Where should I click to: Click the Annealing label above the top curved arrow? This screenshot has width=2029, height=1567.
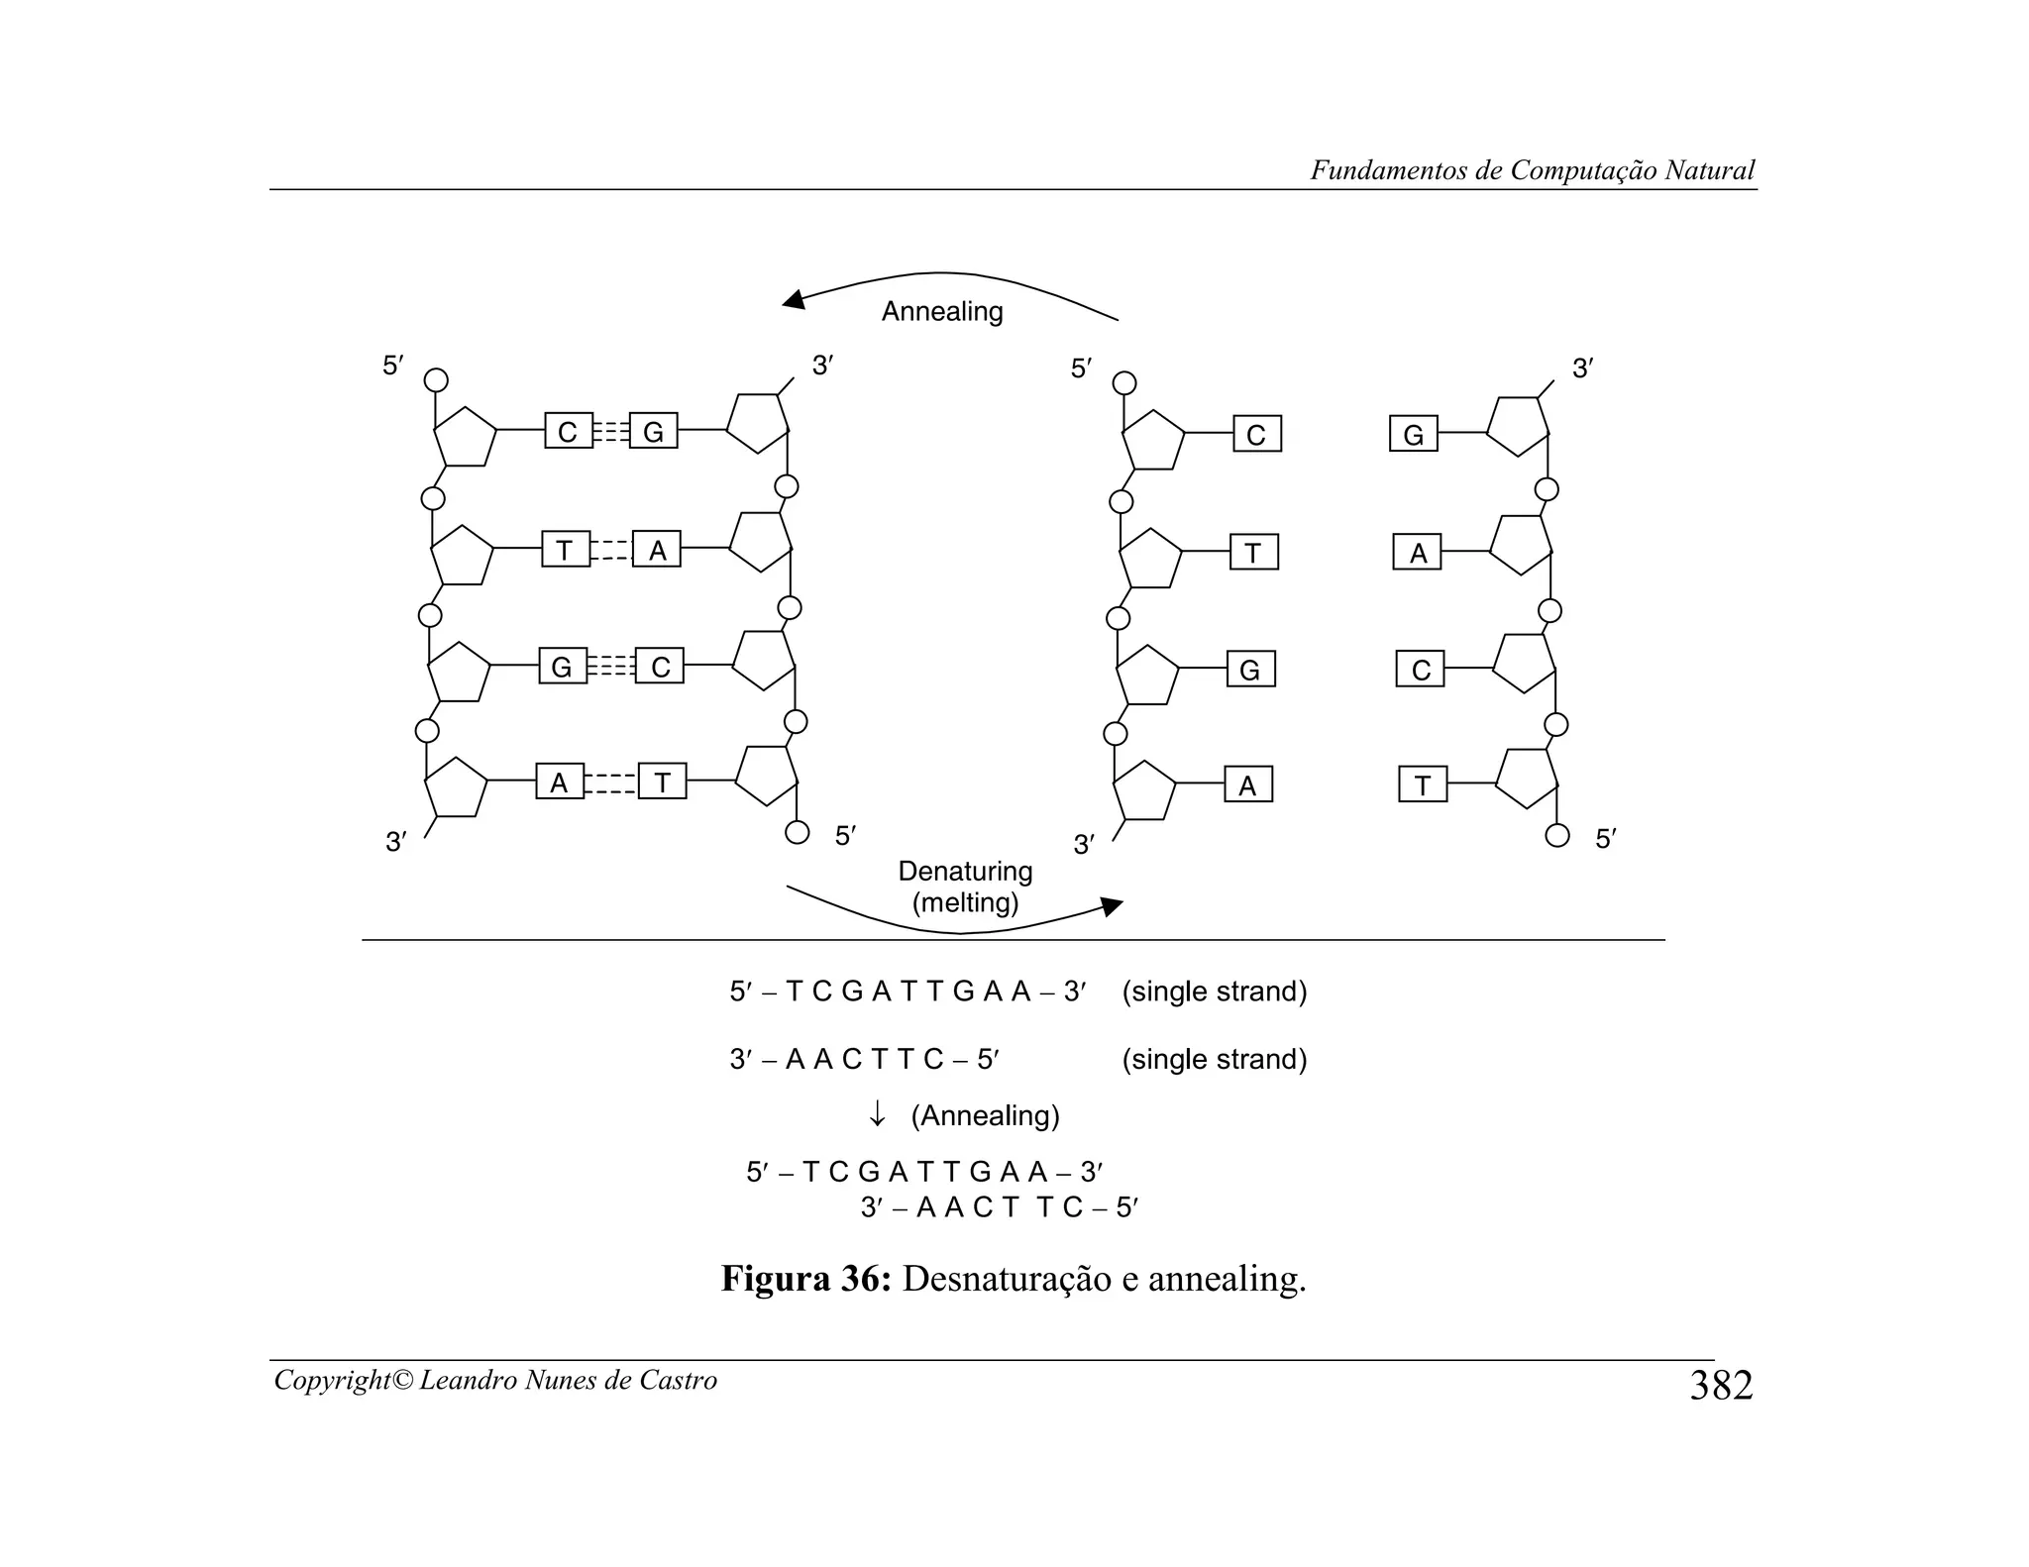pos(941,312)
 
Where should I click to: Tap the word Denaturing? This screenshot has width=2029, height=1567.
pos(965,872)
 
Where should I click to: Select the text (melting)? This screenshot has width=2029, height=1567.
pos(965,903)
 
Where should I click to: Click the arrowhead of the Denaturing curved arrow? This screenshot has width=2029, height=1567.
pos(1114,905)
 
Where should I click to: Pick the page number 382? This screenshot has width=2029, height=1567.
pos(1721,1386)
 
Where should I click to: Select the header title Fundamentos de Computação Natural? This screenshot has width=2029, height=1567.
pos(1532,170)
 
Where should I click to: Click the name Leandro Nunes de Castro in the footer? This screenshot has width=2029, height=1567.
pos(568,1381)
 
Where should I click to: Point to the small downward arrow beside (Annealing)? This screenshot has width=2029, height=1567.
pos(877,1116)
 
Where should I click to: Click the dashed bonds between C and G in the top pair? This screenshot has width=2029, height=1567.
pos(611,432)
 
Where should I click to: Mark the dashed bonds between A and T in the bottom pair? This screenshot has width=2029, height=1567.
pos(611,783)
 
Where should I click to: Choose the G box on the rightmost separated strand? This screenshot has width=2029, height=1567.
pos(1414,435)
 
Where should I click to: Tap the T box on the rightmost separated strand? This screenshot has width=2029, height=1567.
pos(1423,785)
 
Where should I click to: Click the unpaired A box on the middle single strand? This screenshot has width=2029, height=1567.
pos(1247,785)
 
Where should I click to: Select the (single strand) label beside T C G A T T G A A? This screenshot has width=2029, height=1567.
pos(1215,992)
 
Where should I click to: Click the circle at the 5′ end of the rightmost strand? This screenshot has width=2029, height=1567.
pos(1557,835)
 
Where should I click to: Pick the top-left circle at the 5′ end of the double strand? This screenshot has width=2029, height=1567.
pos(436,380)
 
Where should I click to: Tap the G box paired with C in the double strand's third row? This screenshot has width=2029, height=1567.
pos(562,668)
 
